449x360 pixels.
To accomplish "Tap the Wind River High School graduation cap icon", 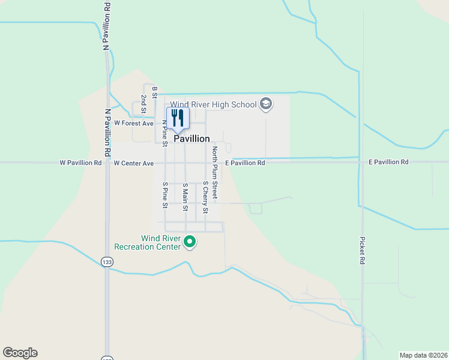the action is [266, 105].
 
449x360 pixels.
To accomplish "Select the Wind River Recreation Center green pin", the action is [190, 242].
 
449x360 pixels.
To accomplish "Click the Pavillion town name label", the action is [192, 139].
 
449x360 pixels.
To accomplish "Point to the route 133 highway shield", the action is [107, 262].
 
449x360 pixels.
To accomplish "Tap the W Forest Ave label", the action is [134, 123].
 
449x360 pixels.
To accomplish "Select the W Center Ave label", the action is [133, 163].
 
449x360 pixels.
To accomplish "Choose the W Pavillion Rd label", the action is [81, 163].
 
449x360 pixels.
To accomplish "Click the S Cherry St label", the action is [205, 198].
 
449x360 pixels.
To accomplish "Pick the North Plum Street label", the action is [214, 173].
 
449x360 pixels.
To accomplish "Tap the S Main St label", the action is [185, 197].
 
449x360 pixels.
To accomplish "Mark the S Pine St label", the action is [164, 194].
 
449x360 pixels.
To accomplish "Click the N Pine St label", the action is [164, 131].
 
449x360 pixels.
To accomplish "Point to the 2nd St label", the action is [143, 103].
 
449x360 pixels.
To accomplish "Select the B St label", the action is [154, 91].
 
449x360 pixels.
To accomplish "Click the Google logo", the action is [20, 353].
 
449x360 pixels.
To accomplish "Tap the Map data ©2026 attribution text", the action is [423, 355].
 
